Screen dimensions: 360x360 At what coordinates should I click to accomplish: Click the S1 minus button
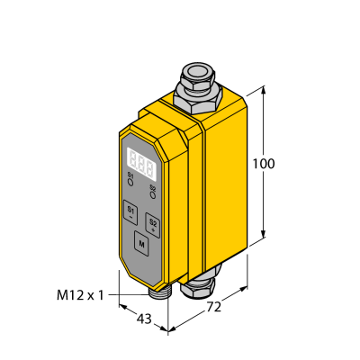coord(130,211)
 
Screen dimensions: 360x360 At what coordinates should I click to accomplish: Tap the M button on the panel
coord(141,244)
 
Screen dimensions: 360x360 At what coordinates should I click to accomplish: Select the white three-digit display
coord(142,165)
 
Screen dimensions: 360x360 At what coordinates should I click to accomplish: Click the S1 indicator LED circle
coord(130,182)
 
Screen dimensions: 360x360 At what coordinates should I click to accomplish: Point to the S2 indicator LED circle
coord(153,195)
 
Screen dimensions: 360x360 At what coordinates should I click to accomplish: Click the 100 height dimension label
coord(264,164)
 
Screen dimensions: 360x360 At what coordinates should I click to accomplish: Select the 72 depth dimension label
coord(214,307)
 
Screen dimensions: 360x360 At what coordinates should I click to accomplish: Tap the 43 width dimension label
coord(144,319)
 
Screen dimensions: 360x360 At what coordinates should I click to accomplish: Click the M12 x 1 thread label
coord(80,296)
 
